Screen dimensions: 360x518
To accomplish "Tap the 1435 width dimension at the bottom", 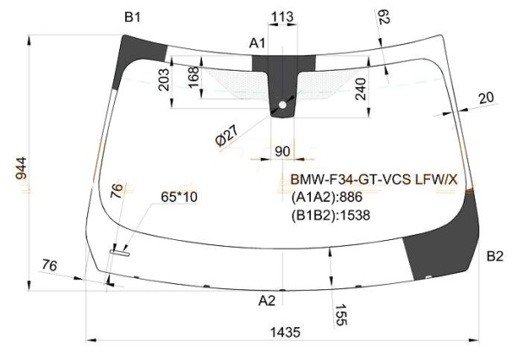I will click(282, 332).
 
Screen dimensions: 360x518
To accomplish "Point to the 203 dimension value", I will click(163, 85).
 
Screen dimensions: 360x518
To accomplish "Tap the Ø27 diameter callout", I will click(225, 136).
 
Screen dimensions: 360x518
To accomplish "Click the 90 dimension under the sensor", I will click(282, 152).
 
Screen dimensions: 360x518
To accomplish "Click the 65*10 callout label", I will click(180, 198).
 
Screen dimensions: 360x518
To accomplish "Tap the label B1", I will click(133, 16).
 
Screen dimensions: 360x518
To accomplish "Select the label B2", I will click(495, 256).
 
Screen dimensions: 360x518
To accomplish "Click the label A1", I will click(257, 42).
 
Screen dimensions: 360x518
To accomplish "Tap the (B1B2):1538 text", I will click(330, 215).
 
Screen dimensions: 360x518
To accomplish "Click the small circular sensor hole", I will click(281, 107).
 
